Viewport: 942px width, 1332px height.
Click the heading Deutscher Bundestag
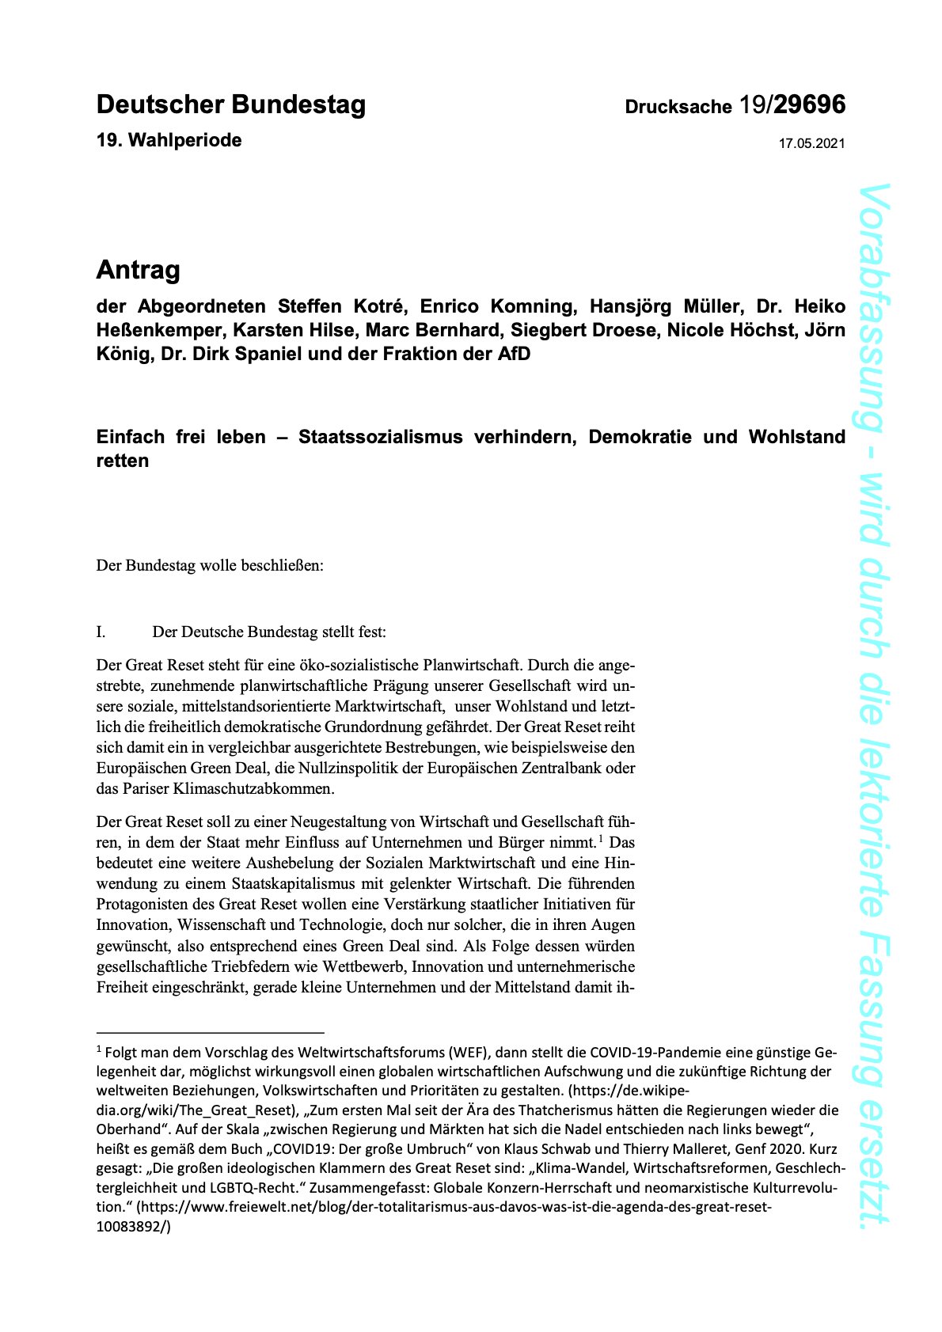click(x=230, y=104)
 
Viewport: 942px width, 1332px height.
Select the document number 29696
click(x=810, y=104)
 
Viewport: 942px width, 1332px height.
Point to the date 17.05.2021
click(x=811, y=144)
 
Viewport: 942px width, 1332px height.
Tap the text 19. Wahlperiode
click(x=169, y=141)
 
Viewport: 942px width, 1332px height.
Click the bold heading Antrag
click(x=138, y=270)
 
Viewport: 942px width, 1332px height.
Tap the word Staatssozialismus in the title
click(x=380, y=437)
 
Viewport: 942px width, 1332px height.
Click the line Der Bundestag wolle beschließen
click(x=210, y=566)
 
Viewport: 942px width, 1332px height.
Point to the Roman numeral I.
click(x=101, y=632)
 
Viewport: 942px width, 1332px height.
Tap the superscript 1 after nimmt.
click(x=602, y=839)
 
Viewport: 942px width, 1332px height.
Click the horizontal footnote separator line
click(x=210, y=1033)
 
